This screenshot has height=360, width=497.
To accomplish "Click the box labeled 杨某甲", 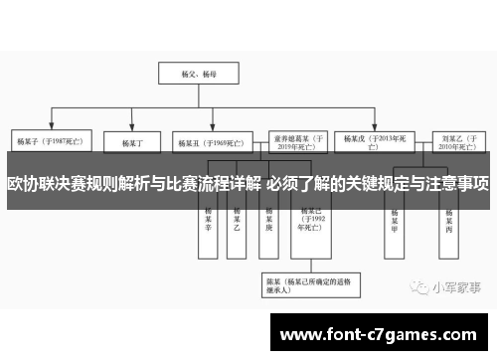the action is tap(396, 221).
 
